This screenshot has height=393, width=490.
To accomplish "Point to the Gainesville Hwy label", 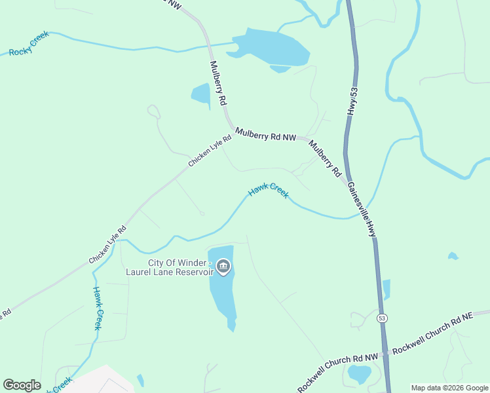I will [x=362, y=209].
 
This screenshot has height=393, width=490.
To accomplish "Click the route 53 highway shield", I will [x=381, y=318].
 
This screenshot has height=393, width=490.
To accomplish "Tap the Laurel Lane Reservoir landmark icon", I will [x=223, y=267].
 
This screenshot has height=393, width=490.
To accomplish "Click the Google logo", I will [x=22, y=385].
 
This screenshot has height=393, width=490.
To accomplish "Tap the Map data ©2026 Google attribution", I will [x=449, y=388].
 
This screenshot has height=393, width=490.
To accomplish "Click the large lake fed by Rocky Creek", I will [x=270, y=48].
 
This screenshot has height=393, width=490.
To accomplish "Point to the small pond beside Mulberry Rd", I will [x=201, y=96].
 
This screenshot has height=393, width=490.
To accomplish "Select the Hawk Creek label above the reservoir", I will [x=268, y=192].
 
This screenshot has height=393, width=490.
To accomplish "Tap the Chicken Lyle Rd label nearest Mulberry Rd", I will [x=210, y=151].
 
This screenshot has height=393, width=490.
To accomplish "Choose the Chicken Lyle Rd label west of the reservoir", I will [x=107, y=245].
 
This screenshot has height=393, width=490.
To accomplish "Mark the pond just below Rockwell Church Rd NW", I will [x=359, y=374].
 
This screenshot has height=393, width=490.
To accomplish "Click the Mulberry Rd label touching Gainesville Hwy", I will [x=326, y=160].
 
